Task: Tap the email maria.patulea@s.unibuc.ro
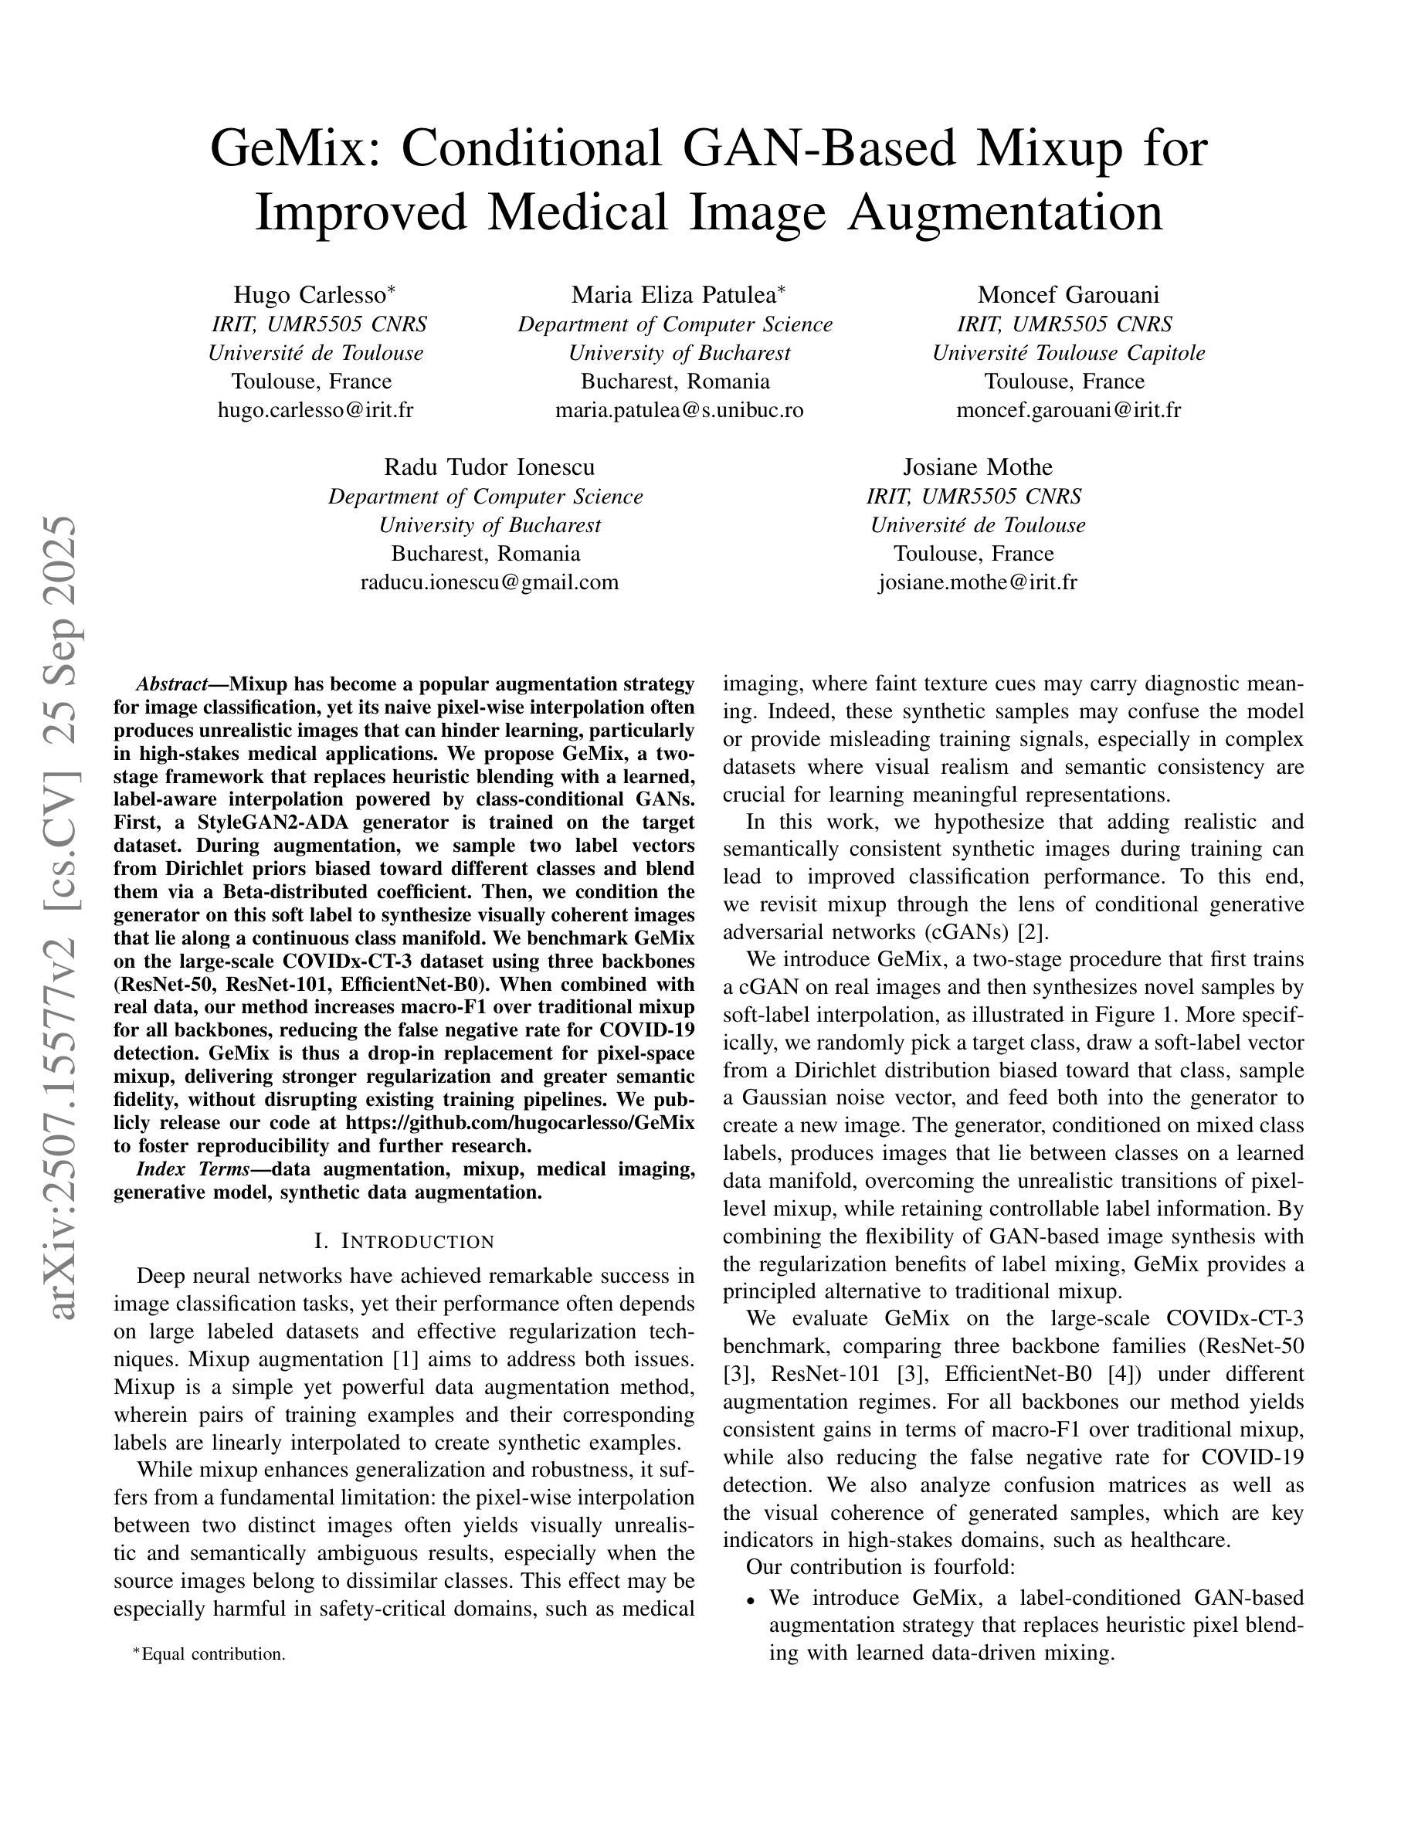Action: point(679,410)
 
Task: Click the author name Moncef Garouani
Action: point(1067,295)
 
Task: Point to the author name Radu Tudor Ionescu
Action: point(489,467)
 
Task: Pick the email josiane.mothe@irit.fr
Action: point(977,582)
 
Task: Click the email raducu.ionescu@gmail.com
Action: point(489,582)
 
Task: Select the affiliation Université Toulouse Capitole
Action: point(1067,353)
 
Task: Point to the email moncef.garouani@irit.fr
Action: point(1067,410)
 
